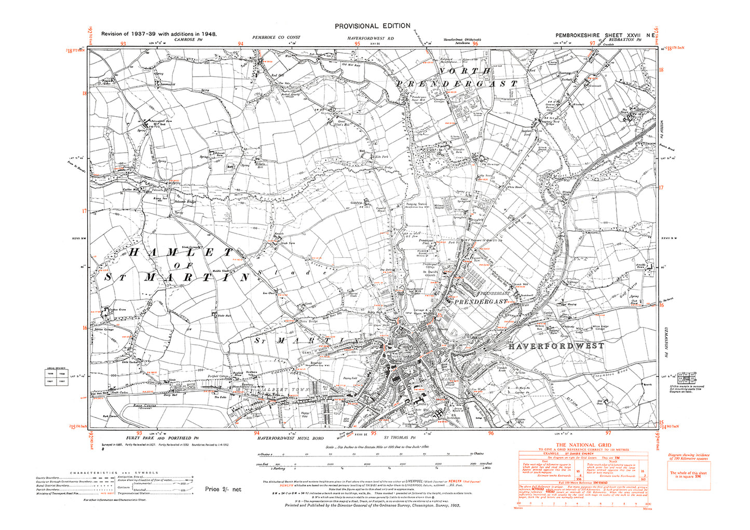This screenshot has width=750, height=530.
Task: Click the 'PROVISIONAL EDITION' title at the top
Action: pyautogui.click(x=372, y=26)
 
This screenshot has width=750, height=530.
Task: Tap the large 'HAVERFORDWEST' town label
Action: pyautogui.click(x=555, y=345)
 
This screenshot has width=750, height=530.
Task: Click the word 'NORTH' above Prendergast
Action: pyautogui.click(x=465, y=71)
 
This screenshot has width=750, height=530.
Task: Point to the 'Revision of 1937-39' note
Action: pyautogui.click(x=159, y=34)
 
